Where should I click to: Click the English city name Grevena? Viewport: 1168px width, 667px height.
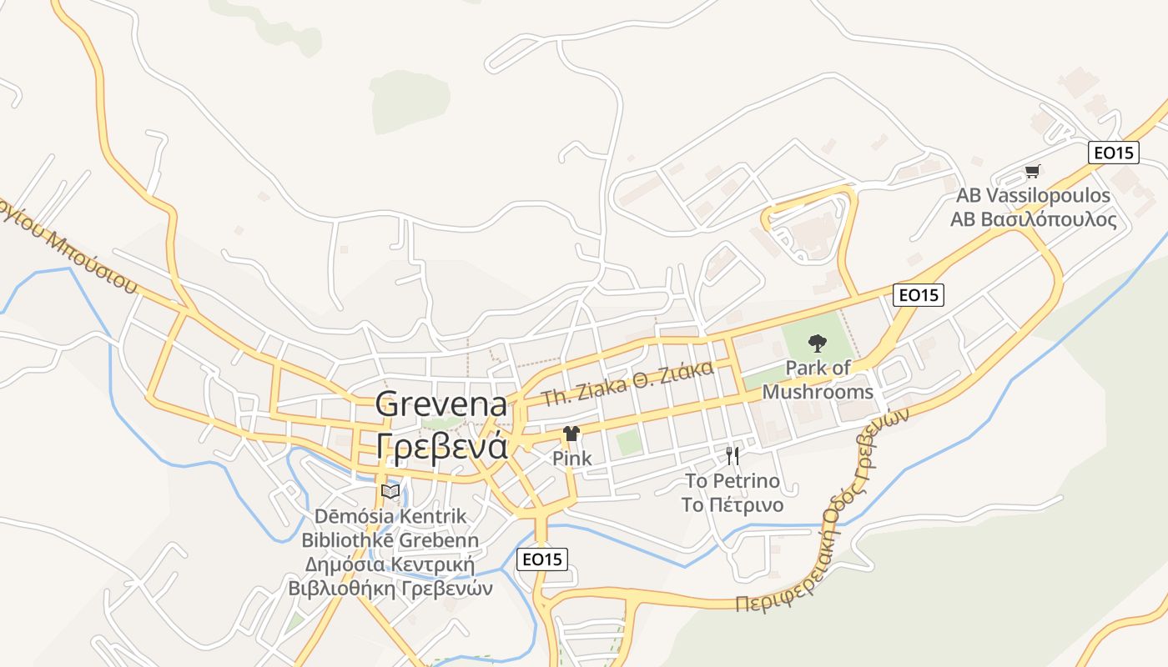click(441, 404)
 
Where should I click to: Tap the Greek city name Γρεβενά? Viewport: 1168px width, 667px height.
click(441, 446)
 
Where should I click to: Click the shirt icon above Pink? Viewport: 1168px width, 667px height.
click(571, 434)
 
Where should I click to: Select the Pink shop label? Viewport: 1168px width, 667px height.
click(572, 458)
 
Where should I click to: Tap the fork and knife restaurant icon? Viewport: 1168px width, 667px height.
click(733, 455)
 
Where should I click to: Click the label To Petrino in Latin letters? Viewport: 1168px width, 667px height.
click(733, 481)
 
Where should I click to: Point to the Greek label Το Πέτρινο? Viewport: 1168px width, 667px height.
click(733, 505)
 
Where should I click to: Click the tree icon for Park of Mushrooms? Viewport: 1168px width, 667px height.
click(817, 342)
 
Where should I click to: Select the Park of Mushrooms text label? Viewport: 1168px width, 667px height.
click(818, 379)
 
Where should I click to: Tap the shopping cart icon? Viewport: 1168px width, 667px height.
click(1033, 172)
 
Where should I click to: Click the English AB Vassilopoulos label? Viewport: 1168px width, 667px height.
click(1033, 196)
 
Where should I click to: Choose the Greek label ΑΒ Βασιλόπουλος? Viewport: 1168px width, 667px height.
click(1033, 220)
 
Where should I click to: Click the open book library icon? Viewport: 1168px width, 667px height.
click(390, 491)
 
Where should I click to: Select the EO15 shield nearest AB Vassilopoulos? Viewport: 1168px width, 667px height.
click(1114, 153)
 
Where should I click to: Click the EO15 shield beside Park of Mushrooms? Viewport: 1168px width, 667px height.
click(918, 294)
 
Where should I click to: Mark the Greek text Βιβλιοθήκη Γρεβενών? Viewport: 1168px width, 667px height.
click(390, 588)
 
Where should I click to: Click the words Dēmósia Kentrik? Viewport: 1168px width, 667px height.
click(390, 516)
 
